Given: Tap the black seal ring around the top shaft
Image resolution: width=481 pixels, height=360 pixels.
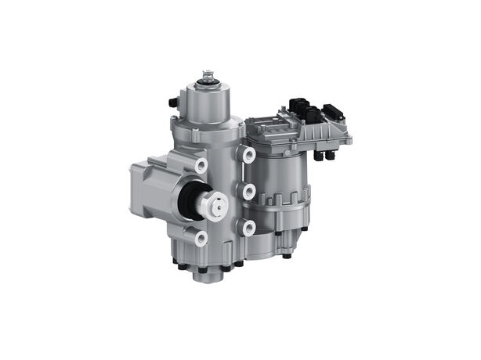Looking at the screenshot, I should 208,81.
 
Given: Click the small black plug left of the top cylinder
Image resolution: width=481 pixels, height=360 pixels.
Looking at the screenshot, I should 172,102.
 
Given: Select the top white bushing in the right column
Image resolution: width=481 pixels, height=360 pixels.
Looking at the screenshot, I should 249,155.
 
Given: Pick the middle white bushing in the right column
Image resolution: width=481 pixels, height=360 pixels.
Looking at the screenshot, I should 249,192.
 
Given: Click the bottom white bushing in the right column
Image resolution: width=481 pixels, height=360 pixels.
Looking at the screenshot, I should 249,228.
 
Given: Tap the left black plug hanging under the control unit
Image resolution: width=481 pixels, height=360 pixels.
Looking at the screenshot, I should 319,157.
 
